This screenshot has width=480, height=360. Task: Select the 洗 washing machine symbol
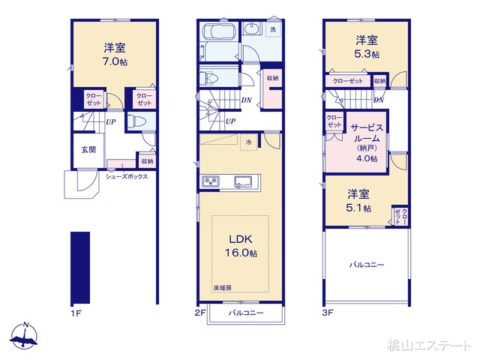coord(272,29)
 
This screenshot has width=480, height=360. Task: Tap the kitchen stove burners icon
coord(209,182)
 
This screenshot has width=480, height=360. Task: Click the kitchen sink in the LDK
coord(244,182)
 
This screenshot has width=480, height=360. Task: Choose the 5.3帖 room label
coord(365,46)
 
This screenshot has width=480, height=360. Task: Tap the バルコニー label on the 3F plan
coord(367,265)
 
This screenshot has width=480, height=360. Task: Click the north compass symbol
coord(25,337)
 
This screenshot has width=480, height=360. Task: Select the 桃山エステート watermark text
coord(429,345)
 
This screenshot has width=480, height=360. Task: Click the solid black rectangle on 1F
coord(80,266)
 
